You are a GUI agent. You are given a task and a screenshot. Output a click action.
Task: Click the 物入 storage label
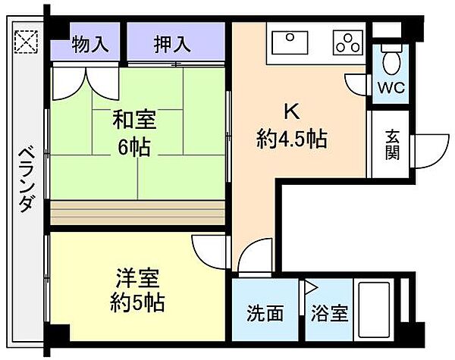(89, 44)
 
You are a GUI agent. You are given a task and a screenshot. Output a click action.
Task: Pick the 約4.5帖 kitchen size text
(290, 139)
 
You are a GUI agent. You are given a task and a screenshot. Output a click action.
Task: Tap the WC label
(391, 86)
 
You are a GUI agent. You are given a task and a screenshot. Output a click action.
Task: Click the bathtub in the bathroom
(382, 311)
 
